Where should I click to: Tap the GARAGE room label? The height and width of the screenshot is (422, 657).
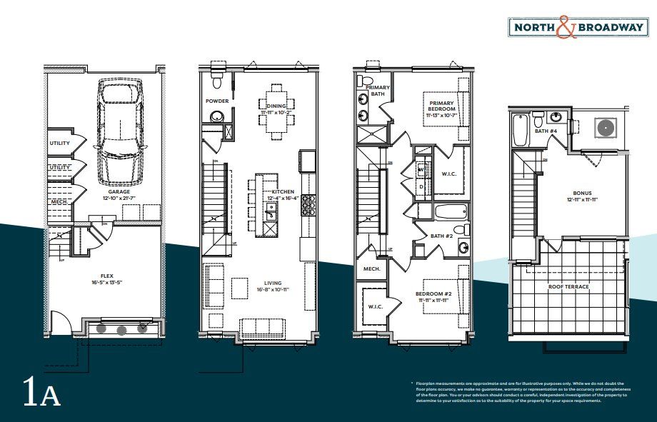pyautogui.click(x=119, y=192)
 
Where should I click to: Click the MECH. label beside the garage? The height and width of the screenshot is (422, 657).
pyautogui.click(x=59, y=201)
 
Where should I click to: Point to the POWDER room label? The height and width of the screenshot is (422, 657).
pyautogui.click(x=217, y=101)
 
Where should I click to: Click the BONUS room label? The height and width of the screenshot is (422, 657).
pyautogui.click(x=582, y=193)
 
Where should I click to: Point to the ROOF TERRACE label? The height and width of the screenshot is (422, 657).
pyautogui.click(x=568, y=286)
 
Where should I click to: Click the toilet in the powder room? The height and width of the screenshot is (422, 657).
pyautogui.click(x=217, y=79)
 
